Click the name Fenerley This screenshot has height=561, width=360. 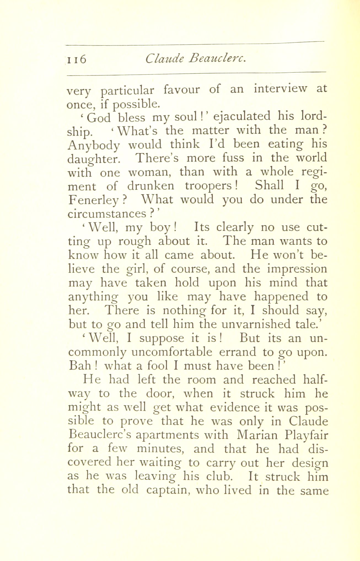click(x=93, y=200)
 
